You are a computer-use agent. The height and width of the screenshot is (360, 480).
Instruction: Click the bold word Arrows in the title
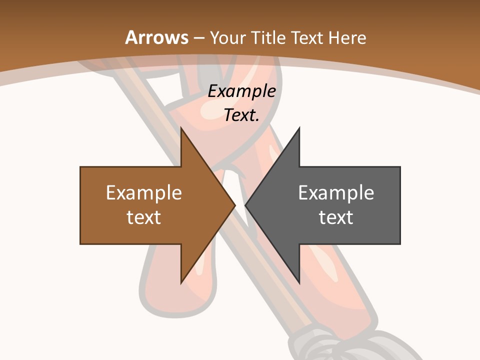point(157,37)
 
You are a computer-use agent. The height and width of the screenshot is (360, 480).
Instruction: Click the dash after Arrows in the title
point(198,38)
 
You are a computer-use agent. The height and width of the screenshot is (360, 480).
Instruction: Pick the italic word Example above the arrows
point(241,91)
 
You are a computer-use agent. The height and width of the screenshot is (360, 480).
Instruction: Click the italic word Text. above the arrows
point(241,115)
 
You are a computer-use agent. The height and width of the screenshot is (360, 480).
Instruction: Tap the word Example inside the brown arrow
point(144,192)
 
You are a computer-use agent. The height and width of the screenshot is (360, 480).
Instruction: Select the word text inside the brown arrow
point(144,217)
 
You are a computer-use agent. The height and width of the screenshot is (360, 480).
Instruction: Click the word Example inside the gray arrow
point(336,192)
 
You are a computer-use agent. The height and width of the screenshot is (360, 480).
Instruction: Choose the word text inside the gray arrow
point(336,217)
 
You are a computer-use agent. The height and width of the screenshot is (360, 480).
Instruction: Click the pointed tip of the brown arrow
point(234,205)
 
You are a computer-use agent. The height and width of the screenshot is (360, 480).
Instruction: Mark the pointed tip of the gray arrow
point(246,205)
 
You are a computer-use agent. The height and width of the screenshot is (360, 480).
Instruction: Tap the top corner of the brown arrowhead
point(181,128)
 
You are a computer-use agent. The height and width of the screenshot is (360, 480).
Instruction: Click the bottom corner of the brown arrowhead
point(181,283)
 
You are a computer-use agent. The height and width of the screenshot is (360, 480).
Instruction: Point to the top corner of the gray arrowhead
point(299,128)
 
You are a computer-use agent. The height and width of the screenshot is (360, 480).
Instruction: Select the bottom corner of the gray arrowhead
point(299,283)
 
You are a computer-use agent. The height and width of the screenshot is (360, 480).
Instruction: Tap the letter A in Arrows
point(131,37)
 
